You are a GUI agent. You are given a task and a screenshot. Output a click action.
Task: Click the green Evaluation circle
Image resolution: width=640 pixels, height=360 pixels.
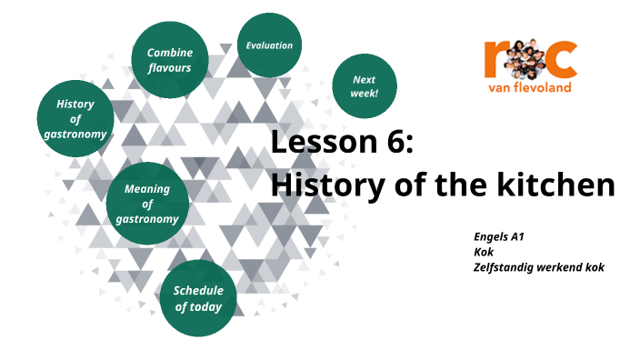(x=269, y=46)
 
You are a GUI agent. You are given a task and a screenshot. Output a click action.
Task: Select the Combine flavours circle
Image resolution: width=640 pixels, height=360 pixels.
(x=170, y=60)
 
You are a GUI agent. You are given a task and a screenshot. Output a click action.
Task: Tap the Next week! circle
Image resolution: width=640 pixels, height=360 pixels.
(x=365, y=86)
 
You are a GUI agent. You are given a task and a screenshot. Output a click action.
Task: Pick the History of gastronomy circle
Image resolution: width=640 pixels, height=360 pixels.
(x=75, y=120)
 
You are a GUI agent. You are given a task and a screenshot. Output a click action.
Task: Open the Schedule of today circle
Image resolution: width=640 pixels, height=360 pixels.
(x=199, y=298)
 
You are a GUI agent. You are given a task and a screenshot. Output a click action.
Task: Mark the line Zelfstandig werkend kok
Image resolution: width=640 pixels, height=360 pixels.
(x=538, y=267)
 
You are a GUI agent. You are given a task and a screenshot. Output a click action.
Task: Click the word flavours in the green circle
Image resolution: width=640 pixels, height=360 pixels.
(x=170, y=67)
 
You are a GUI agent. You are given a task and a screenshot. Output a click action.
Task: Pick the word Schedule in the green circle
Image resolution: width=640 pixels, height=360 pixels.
(x=198, y=291)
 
